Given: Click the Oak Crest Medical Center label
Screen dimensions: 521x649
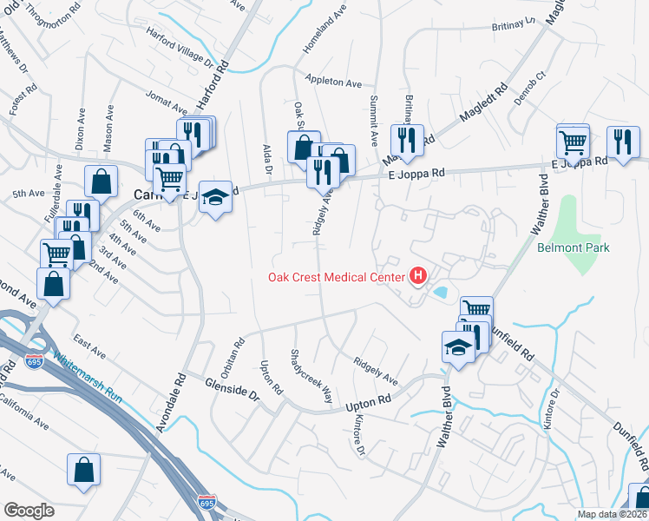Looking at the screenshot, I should (335, 278).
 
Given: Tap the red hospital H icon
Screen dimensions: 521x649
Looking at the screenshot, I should (418, 278).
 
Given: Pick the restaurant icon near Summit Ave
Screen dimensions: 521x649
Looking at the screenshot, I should (406, 139).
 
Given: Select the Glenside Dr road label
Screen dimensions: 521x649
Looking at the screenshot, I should (233, 388).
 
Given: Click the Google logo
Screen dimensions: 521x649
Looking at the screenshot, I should (29, 511).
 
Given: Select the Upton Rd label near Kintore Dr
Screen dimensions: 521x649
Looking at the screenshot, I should (370, 400).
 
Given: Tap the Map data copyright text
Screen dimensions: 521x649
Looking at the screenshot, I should (611, 514).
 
